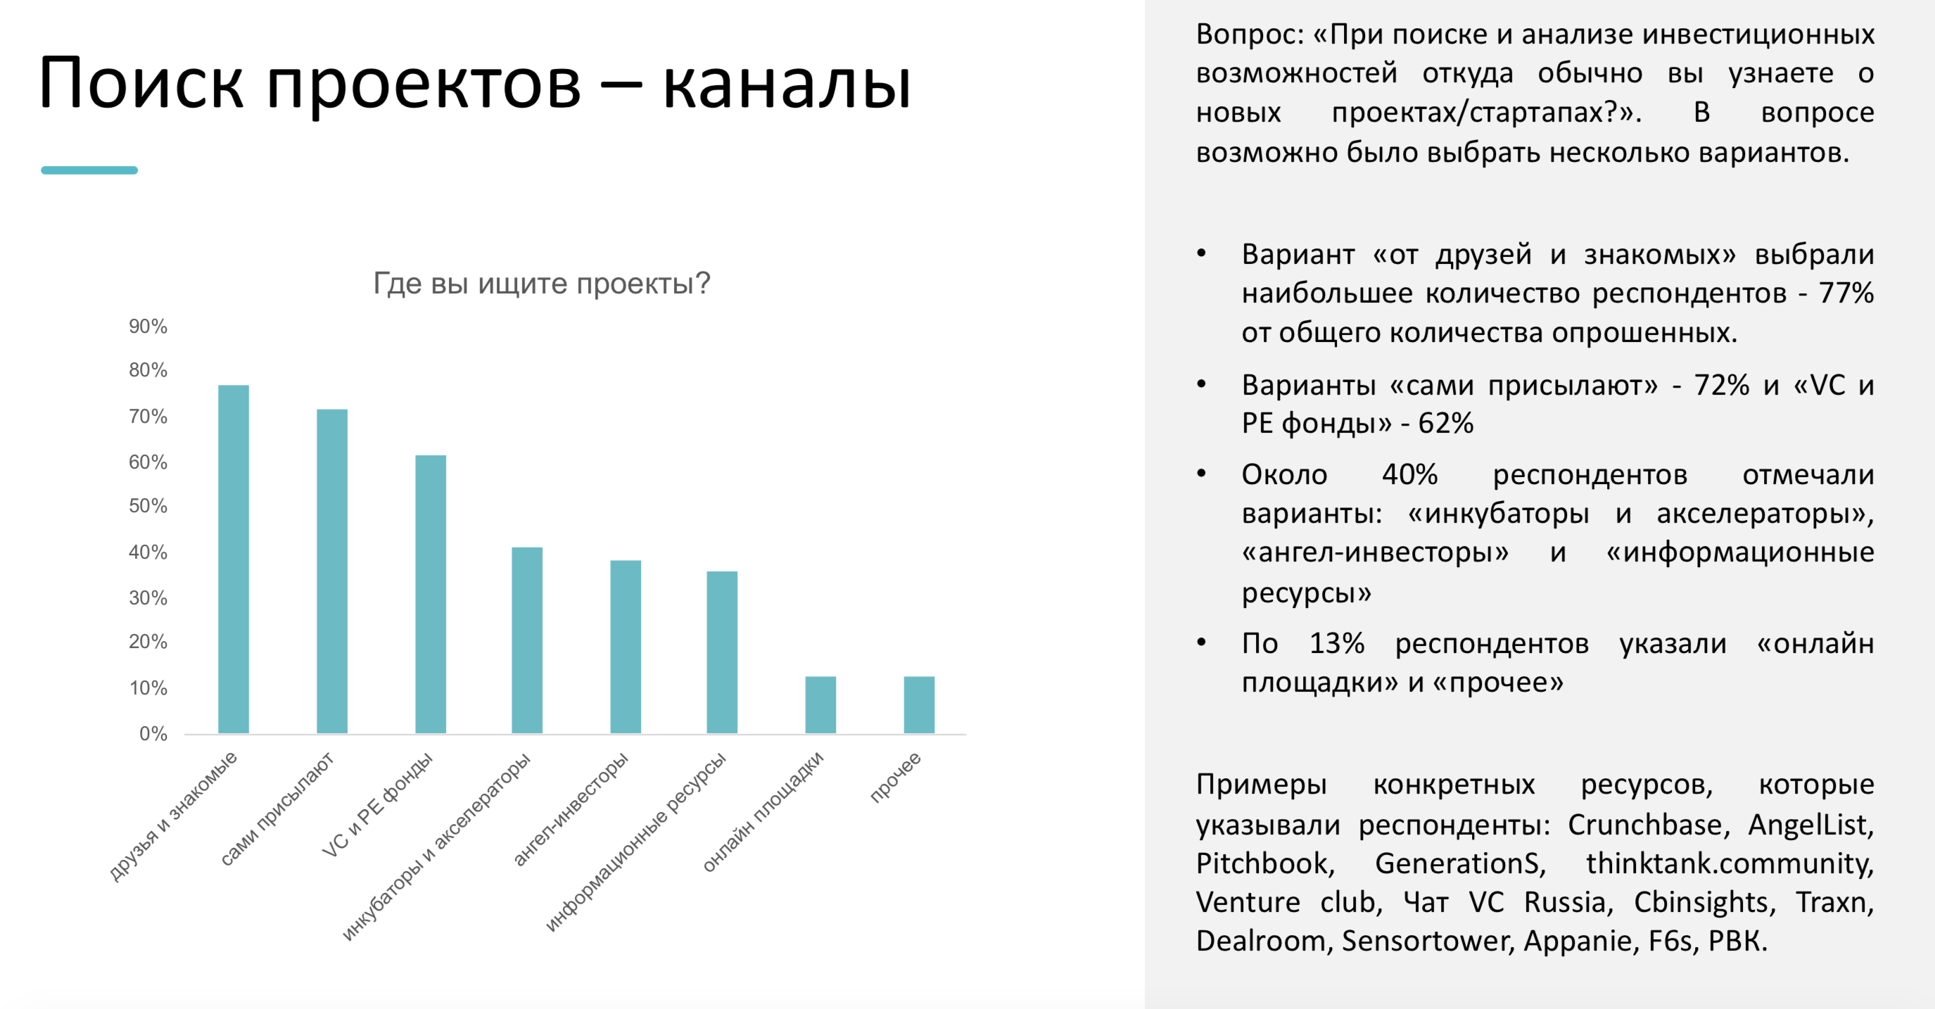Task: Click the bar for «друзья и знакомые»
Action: [234, 559]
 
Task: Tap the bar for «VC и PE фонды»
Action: [431, 595]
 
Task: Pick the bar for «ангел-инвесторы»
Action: [626, 647]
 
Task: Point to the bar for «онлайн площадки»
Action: [820, 705]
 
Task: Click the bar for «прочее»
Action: [920, 705]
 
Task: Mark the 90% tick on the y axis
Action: [148, 326]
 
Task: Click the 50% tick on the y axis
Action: [148, 506]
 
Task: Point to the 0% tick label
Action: [153, 733]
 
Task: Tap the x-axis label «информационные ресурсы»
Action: [635, 841]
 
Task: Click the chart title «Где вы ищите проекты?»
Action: [542, 284]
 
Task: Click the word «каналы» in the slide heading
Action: [787, 84]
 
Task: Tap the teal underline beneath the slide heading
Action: [89, 170]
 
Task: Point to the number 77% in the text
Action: [1846, 293]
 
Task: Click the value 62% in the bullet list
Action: [1446, 424]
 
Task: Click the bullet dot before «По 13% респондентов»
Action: [1201, 642]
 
